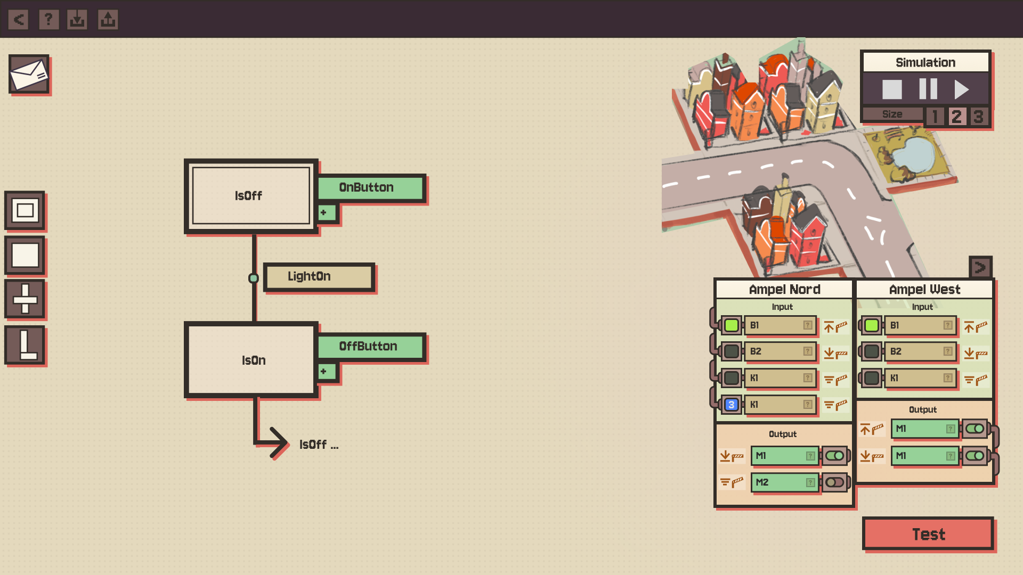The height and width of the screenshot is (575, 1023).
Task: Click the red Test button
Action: tap(928, 533)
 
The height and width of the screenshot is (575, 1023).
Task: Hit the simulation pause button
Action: tap(928, 89)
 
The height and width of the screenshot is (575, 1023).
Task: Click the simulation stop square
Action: tap(892, 89)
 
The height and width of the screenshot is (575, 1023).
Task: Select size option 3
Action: tap(978, 116)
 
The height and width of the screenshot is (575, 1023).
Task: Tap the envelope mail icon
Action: tap(29, 75)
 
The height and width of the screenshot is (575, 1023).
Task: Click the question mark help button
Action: tap(48, 20)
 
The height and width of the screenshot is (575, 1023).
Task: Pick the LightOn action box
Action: tap(319, 277)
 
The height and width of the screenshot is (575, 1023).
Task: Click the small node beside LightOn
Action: tap(254, 278)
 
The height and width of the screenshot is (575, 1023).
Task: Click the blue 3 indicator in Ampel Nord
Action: tap(731, 405)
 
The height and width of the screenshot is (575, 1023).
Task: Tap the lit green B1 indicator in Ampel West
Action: tap(872, 325)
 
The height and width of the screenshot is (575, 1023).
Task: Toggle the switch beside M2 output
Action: tap(835, 482)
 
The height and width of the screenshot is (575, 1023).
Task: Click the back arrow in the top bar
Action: tap(19, 20)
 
